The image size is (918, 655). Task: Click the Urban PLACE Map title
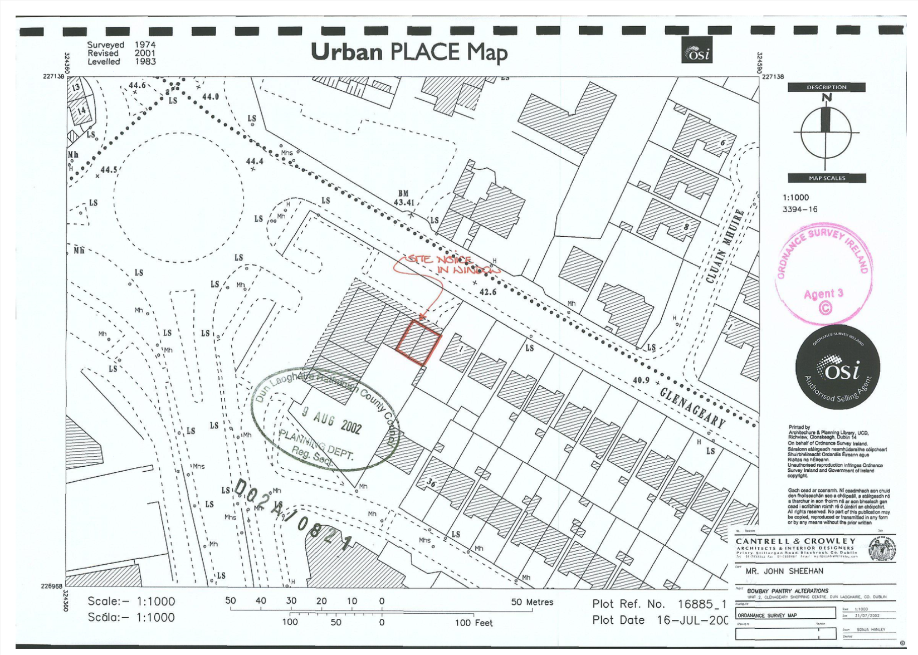pos(409,52)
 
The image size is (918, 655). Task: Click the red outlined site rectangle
pos(419,343)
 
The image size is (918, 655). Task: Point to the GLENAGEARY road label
pos(693,407)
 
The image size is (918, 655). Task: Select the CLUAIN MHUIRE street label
pos(725,246)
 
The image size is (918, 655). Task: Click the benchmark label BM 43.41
pos(404,198)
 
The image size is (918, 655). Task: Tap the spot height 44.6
pos(137,85)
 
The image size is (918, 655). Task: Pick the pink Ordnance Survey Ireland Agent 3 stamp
pos(823,273)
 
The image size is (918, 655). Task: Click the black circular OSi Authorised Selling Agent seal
pos(837,367)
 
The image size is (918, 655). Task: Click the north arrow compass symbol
pos(826,132)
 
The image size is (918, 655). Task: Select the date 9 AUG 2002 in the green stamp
pos(332,419)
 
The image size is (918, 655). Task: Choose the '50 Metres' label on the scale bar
pos(532,602)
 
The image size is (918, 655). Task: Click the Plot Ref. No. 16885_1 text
pos(659,604)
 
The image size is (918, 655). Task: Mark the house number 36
pos(431,483)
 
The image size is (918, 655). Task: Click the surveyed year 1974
pos(145,45)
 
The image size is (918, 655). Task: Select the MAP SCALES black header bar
pos(827,178)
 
